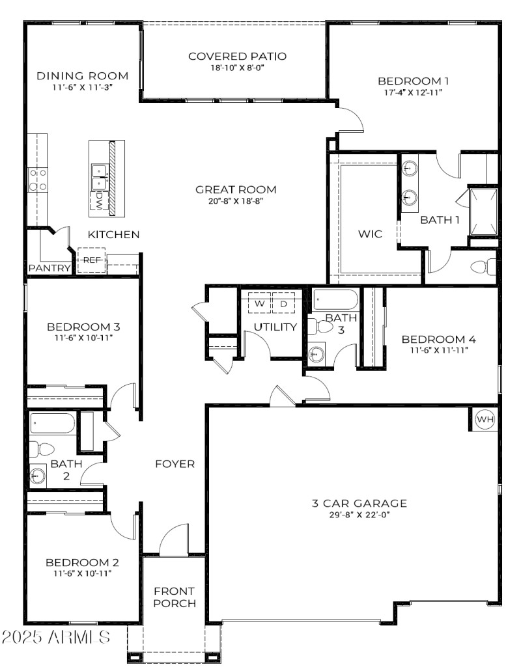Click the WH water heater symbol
click(485, 420)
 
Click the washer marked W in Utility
click(259, 304)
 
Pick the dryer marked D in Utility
click(283, 304)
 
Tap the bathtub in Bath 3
click(335, 300)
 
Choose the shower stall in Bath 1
click(483, 211)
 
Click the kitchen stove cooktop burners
click(37, 179)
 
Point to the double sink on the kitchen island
click(99, 172)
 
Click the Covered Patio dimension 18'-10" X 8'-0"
click(237, 67)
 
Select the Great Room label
click(236, 190)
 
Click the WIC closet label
click(371, 233)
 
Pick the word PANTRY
click(49, 267)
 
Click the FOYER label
click(175, 464)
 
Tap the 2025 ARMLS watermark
click(56, 636)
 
